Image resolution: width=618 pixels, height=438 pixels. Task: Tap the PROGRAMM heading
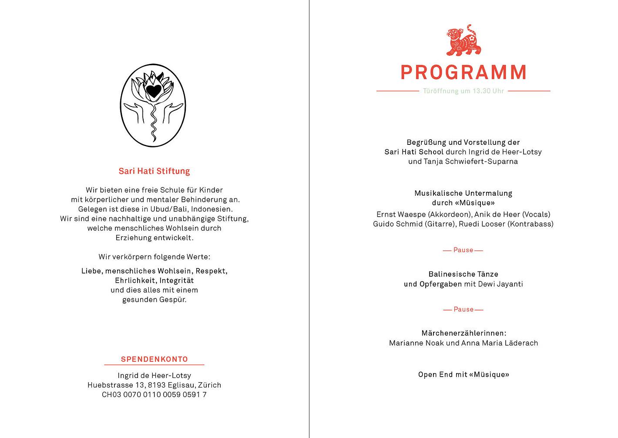(463, 73)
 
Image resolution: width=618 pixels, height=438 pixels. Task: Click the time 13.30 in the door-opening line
(482, 91)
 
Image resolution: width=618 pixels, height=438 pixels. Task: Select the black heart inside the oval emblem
(153, 90)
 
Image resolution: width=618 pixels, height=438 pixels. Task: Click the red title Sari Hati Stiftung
(154, 171)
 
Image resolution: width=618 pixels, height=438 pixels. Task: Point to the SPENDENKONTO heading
(154, 359)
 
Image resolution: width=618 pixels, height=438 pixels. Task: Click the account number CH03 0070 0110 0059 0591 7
(154, 395)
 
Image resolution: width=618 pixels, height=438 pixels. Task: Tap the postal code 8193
(157, 385)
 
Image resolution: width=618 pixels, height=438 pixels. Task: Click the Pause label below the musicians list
(463, 250)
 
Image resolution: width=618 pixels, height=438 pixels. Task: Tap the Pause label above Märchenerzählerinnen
(463, 309)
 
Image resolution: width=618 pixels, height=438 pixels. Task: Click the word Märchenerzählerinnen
(463, 333)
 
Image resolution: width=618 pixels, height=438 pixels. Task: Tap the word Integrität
(176, 281)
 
